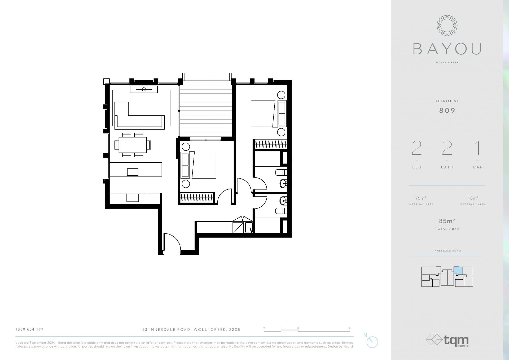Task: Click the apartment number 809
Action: tap(447, 110)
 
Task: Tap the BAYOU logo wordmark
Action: tap(447, 49)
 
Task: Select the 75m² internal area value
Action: tap(421, 198)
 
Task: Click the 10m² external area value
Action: tap(473, 198)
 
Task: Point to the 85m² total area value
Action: tap(447, 221)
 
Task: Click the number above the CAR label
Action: tap(478, 148)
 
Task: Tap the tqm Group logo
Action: tap(447, 341)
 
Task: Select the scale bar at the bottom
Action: tap(307, 330)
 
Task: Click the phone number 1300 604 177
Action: tap(29, 329)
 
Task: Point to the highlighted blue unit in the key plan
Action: tap(458, 271)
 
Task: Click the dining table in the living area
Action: tap(133, 145)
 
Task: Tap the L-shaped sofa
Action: tap(139, 116)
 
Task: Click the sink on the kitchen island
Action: tap(133, 172)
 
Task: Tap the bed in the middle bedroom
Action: tap(198, 165)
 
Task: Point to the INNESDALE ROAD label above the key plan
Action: tap(447, 251)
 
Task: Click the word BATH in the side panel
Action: tap(447, 167)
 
